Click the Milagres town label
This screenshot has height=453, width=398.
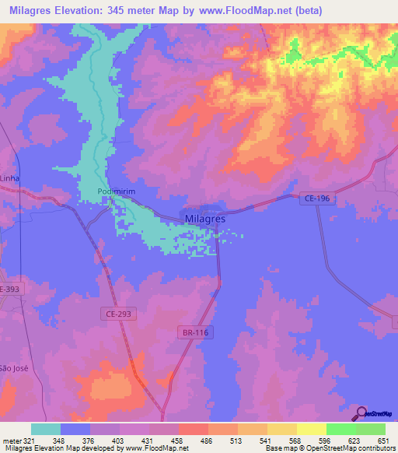coord(205,219)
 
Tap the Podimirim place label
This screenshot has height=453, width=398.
coord(103,192)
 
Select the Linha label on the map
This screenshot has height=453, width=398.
coord(9,178)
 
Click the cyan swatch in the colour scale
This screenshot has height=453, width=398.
coord(46,429)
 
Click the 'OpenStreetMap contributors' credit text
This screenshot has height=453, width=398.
coord(354,448)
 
